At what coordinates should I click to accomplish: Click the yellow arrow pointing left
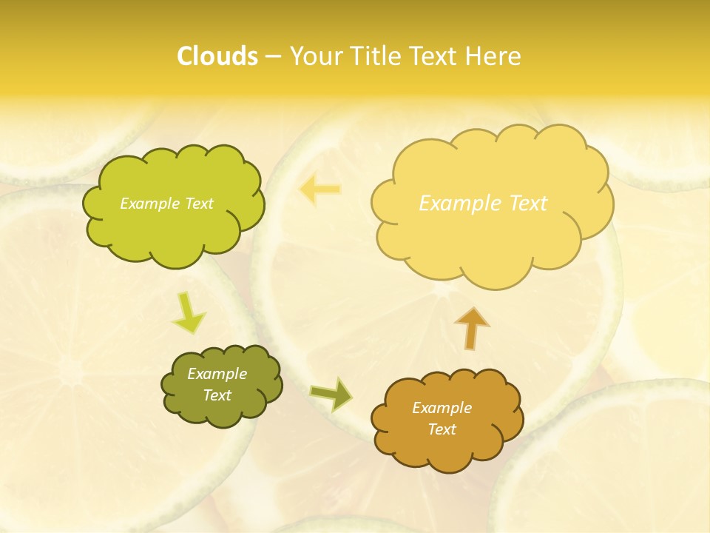[319, 190]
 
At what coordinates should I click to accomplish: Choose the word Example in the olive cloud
[217, 374]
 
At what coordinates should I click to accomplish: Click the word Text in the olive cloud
[217, 395]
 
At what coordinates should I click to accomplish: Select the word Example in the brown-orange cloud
[442, 408]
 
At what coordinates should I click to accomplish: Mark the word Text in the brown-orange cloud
[442, 429]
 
